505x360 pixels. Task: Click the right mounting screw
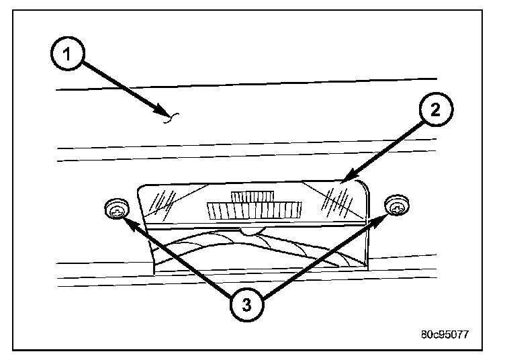tap(398, 208)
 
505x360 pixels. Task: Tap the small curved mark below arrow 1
tap(172, 120)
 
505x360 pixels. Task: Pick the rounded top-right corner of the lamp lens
tap(363, 185)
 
